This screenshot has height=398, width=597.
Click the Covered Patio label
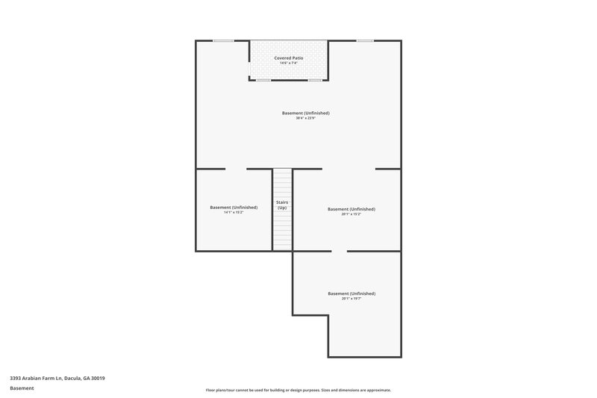coord(288,57)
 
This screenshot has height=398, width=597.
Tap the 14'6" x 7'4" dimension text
coord(288,63)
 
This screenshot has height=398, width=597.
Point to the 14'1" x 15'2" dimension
coord(234,213)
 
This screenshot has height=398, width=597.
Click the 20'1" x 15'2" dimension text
coord(351,215)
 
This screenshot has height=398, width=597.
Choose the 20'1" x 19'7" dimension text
coord(351,299)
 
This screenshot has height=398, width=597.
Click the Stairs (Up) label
coord(282,205)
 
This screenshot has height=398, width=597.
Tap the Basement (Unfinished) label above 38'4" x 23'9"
coord(305,113)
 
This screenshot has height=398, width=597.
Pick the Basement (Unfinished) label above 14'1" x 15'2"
coord(234,207)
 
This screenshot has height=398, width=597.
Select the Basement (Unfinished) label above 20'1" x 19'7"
coord(351,293)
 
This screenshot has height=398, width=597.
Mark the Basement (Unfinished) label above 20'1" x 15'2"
coord(351,209)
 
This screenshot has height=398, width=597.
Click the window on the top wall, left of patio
coord(223,40)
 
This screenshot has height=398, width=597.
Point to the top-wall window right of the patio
coord(365,40)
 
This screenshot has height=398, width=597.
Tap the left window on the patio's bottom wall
coord(263,80)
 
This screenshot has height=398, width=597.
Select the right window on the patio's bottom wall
coord(316,80)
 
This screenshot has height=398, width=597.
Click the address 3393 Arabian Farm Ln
coord(57,379)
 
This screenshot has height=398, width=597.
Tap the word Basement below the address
coord(22,388)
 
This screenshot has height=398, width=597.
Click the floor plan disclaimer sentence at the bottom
coord(298,390)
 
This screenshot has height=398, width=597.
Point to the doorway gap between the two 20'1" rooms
coord(339,252)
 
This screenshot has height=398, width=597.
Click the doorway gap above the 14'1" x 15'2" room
coord(236,169)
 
